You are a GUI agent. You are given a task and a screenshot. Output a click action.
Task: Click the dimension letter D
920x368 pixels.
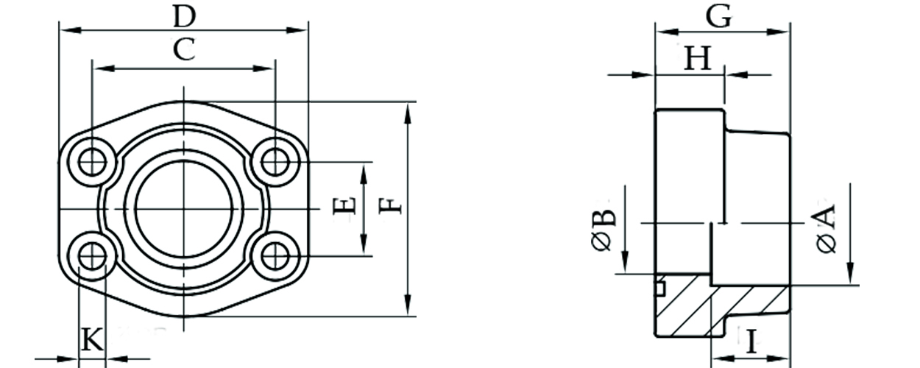(184, 14)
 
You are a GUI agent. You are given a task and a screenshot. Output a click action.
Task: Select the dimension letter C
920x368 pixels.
(183, 50)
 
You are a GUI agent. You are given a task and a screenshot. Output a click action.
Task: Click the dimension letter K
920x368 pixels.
(91, 340)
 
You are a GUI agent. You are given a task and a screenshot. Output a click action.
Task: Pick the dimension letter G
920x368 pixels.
(718, 15)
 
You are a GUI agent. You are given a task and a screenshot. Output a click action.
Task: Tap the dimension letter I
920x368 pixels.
(751, 342)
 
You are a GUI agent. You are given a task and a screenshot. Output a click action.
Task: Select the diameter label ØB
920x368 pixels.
(603, 230)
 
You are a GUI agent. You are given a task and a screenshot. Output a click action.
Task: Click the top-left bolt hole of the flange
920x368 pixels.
(92, 161)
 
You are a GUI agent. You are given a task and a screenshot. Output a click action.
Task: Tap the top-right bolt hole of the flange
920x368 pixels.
(275, 161)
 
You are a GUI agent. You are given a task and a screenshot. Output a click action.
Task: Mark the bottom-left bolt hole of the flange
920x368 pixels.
(92, 255)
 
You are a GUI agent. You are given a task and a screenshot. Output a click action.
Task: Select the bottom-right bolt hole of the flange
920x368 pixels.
(275, 255)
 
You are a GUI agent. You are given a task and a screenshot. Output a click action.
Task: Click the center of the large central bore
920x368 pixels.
(183, 209)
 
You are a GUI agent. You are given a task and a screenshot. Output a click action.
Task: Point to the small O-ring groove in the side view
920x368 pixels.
(660, 288)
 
